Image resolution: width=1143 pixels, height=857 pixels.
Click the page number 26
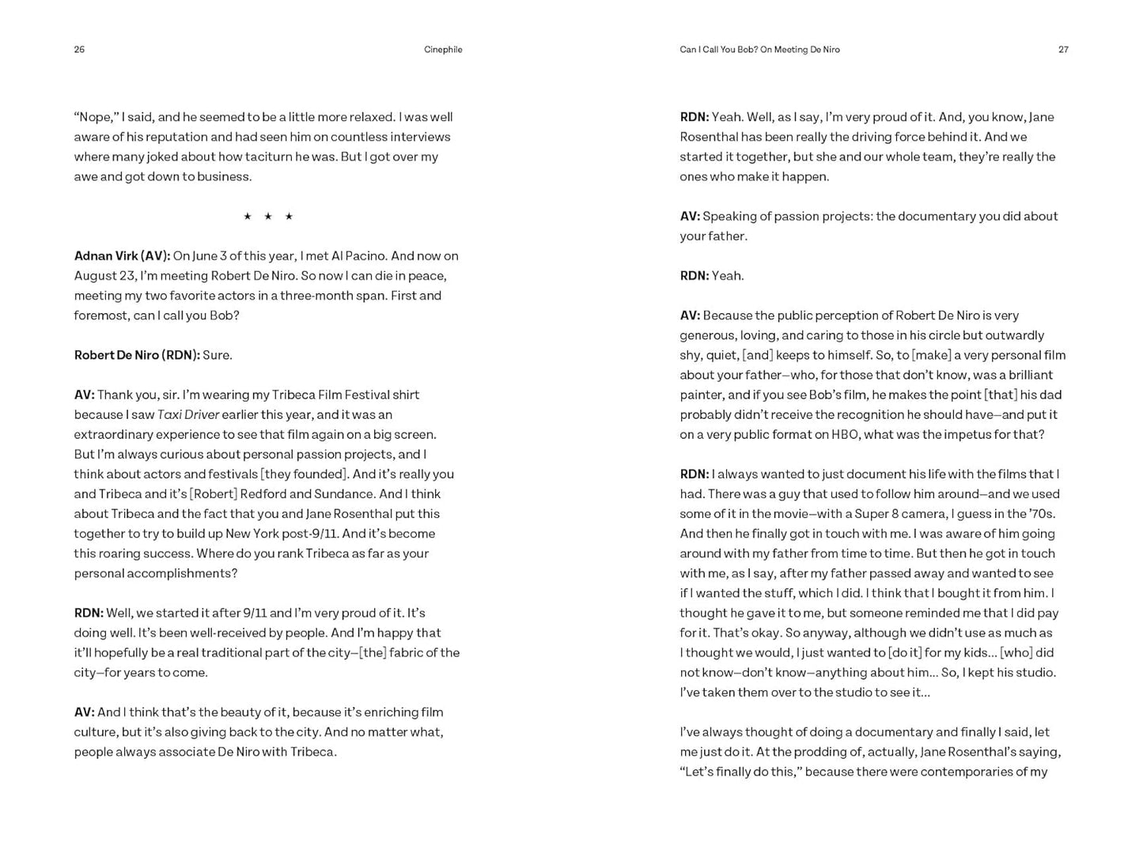click(79, 50)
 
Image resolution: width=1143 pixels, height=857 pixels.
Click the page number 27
click(1063, 50)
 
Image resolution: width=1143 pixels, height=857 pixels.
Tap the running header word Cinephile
click(443, 50)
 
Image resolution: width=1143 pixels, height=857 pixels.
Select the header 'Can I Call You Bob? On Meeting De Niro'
click(759, 50)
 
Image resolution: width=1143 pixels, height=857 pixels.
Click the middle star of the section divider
click(268, 217)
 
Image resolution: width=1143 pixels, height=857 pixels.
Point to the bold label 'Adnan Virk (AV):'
click(122, 256)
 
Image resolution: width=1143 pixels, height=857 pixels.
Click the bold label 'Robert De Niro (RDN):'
click(137, 355)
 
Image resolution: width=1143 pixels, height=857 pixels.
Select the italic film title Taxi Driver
click(188, 414)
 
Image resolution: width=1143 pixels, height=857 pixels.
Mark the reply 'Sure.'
click(218, 355)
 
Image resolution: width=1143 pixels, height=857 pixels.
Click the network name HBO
click(845, 435)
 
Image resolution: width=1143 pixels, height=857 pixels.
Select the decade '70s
click(1041, 514)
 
